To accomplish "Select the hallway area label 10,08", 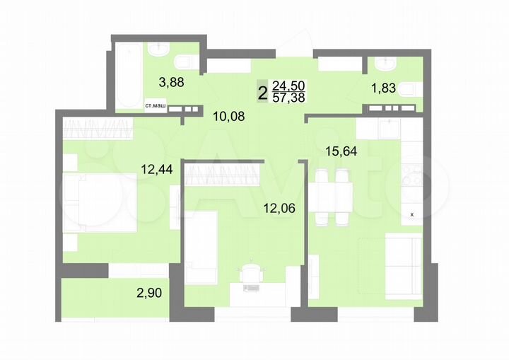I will (229, 115).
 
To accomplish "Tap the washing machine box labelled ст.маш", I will (156, 106).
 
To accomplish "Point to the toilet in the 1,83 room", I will (411, 90).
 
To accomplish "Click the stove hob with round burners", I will (412, 174).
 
